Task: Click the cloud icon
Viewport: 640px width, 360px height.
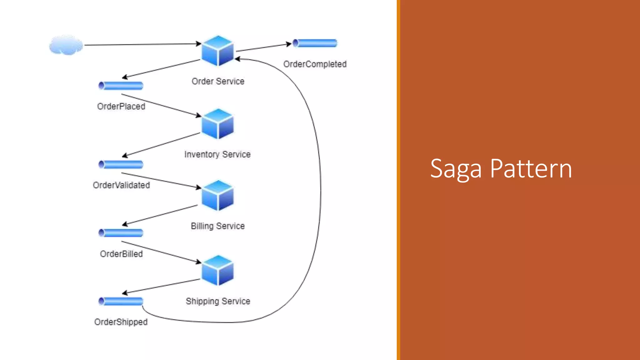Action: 66,45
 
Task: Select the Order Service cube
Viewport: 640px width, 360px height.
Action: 217,51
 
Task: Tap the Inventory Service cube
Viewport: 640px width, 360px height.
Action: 217,124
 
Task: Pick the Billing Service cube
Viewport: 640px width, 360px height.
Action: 217,195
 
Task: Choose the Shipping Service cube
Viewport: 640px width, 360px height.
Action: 217,270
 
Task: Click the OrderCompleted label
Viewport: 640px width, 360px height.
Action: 315,64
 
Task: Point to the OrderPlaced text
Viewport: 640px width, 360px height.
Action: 121,106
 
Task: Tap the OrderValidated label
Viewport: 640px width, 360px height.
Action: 121,185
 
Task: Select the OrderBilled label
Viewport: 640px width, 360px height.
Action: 121,254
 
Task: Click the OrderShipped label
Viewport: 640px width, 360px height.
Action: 121,322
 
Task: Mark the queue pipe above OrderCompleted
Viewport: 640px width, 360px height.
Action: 315,43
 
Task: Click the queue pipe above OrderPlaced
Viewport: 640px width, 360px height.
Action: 121,85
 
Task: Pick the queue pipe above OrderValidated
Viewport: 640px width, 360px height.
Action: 121,164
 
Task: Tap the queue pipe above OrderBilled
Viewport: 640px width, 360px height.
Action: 121,233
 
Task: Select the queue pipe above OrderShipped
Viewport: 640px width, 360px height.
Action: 121,301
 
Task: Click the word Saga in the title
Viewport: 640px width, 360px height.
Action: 456,169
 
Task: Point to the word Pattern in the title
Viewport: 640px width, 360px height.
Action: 531,168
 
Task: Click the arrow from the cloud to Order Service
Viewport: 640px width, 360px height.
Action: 142,44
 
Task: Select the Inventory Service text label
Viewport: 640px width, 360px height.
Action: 217,154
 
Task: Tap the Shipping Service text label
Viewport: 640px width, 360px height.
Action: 218,301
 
